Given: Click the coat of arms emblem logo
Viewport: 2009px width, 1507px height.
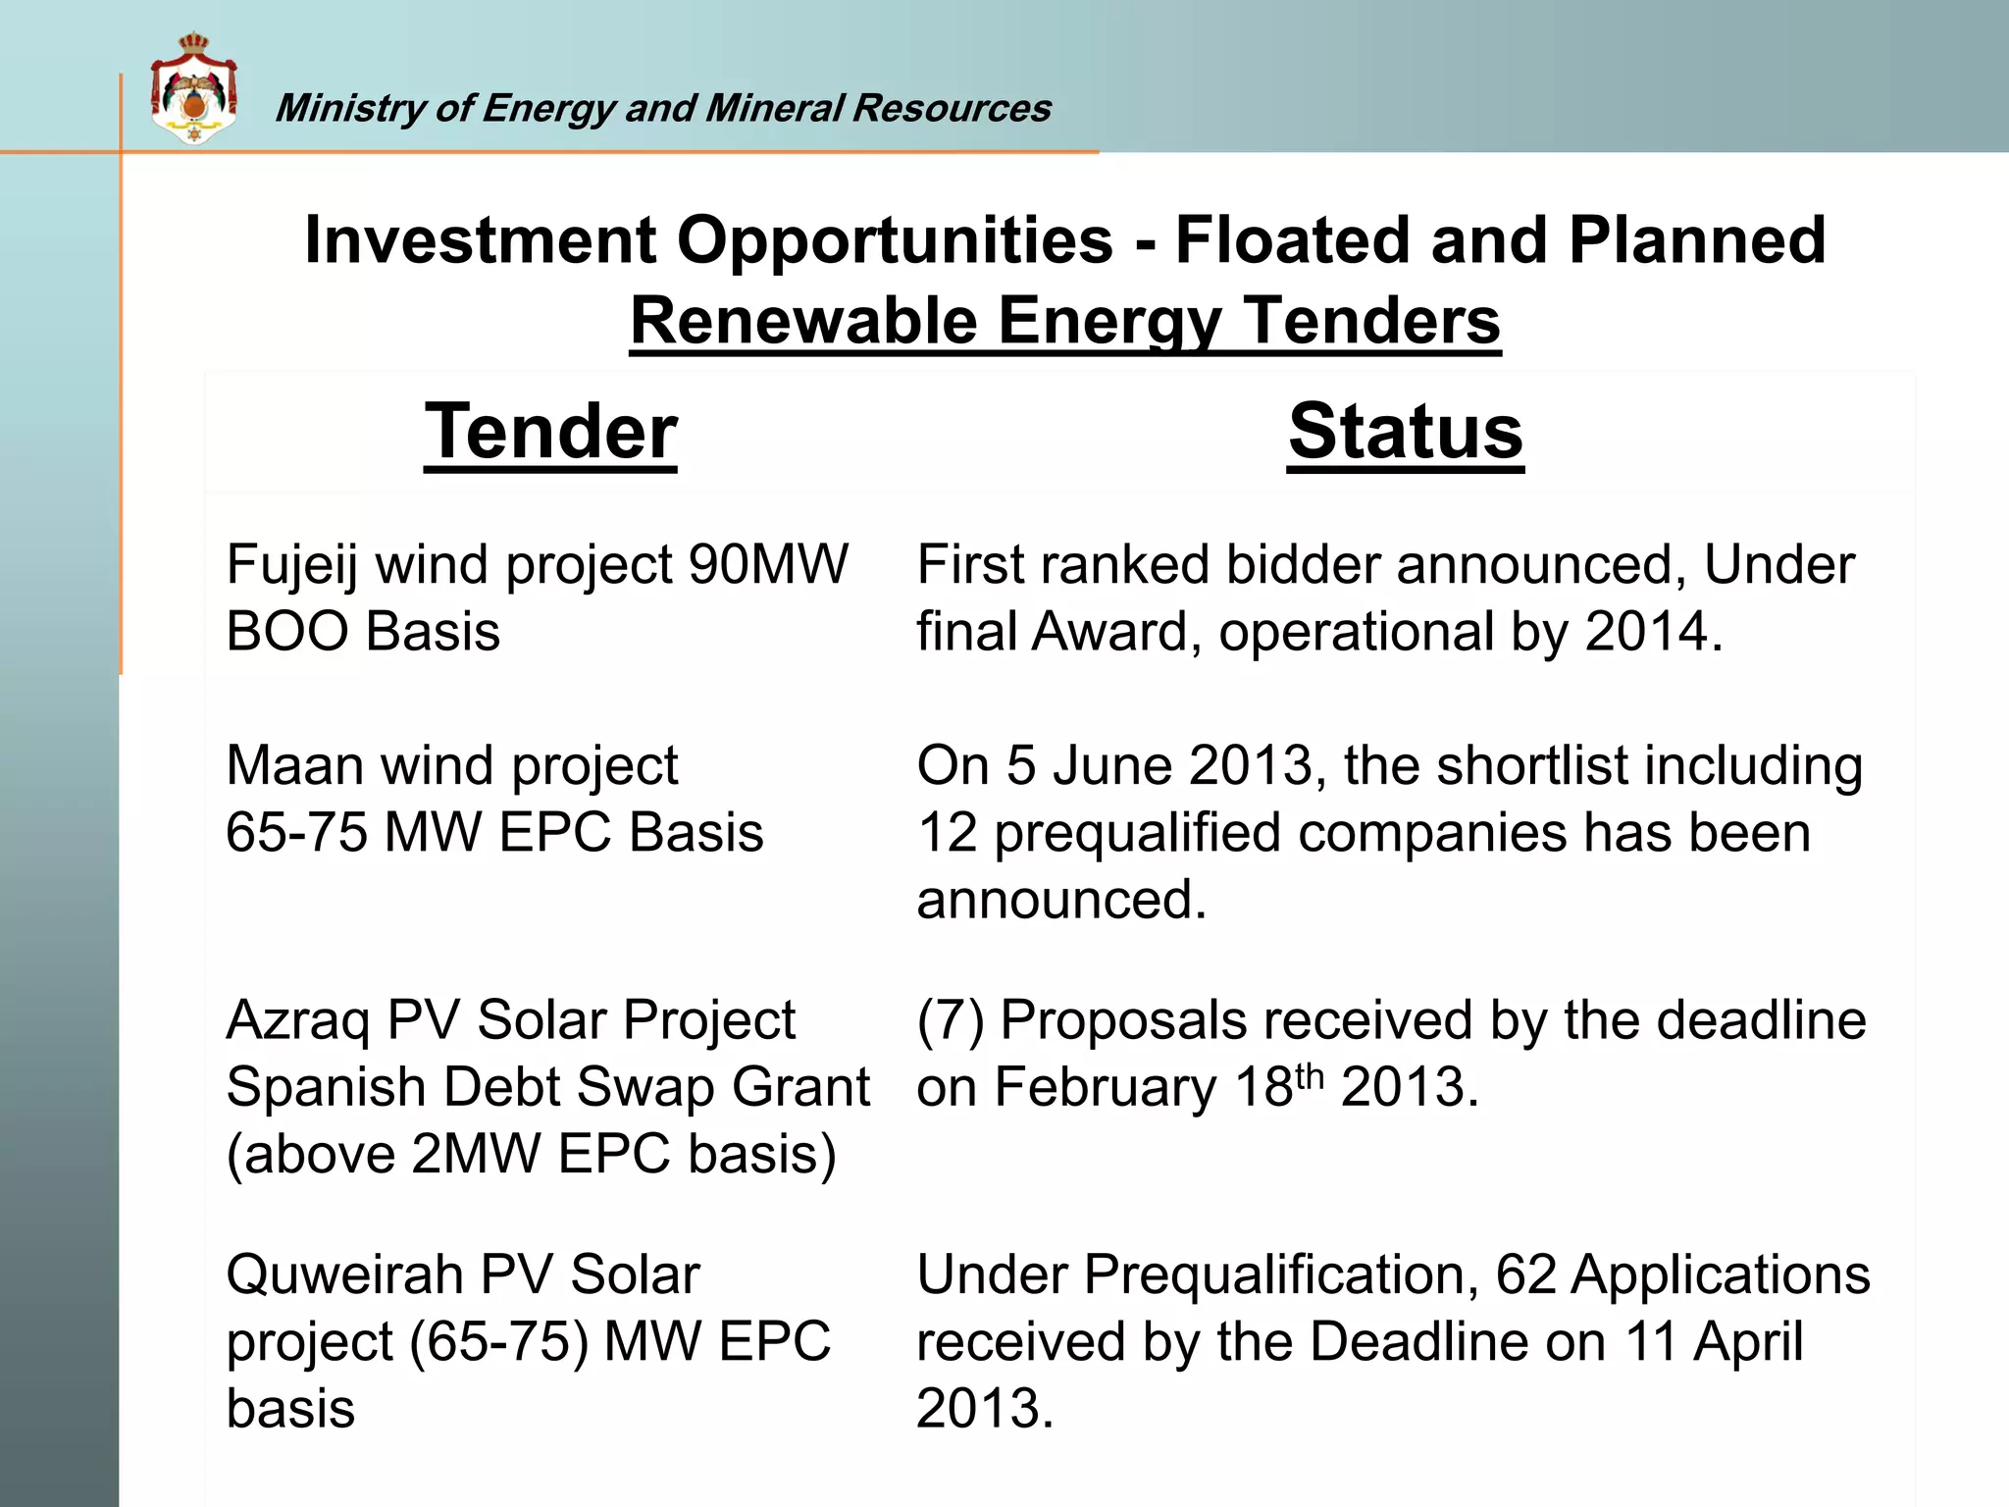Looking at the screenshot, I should (x=193, y=90).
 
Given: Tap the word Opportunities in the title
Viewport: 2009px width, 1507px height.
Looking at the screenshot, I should (x=895, y=241).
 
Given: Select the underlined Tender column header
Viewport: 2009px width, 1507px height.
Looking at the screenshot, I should (x=550, y=432).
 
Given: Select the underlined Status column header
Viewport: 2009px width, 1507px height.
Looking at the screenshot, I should (x=1406, y=432).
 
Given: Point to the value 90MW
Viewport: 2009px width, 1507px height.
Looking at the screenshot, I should (x=768, y=566).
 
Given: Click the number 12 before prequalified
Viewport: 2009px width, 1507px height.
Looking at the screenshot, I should (x=948, y=833).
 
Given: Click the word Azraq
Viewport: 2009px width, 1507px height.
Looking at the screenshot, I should (x=298, y=1021).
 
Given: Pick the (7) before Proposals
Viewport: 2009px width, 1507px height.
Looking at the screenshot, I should (x=950, y=1021).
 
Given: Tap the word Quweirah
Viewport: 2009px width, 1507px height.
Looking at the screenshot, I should (x=344, y=1275).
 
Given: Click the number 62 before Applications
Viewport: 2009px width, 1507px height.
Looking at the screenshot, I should (x=1525, y=1275).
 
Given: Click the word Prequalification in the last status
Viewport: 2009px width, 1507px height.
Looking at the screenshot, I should (x=1281, y=1275).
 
